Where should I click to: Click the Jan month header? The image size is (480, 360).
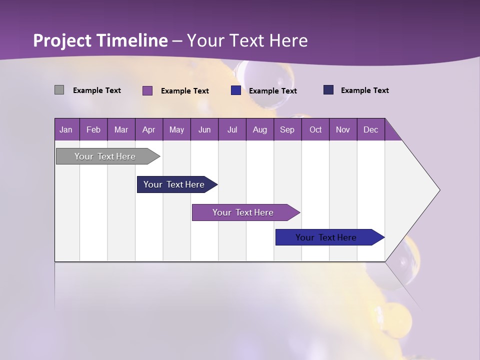(x=66, y=129)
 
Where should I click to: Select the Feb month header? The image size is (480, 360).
(x=93, y=129)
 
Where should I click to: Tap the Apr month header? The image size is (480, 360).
(x=148, y=129)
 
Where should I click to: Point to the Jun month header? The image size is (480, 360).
(x=204, y=129)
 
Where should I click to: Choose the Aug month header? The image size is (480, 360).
(x=259, y=129)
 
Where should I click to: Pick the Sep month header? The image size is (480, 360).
(x=287, y=129)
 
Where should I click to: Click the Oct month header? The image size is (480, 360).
(x=315, y=129)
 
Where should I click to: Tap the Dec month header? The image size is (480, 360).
(x=370, y=129)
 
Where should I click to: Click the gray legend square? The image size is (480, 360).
(x=59, y=90)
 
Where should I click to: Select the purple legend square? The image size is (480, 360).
(x=147, y=90)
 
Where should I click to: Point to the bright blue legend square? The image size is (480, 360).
(x=236, y=90)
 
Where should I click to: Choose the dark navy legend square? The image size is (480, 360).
(x=328, y=90)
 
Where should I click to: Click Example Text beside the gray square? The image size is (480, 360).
(x=97, y=90)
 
